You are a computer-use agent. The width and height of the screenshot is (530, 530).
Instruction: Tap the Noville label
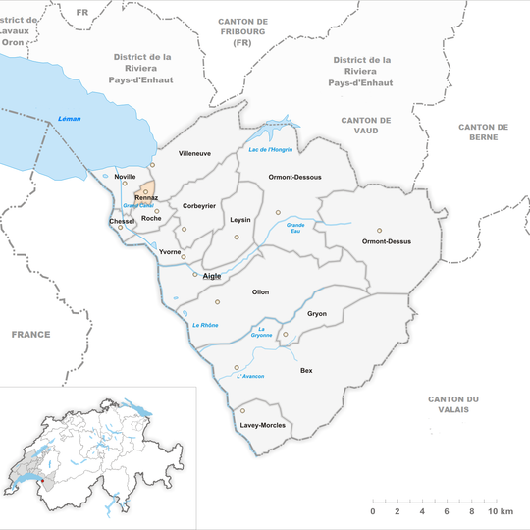pyautogui.click(x=126, y=177)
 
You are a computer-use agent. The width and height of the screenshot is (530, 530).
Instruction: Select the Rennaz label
pyautogui.click(x=146, y=198)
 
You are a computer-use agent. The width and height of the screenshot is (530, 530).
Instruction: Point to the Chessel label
pyautogui.click(x=122, y=222)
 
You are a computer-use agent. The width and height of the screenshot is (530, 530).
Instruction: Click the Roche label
pyautogui.click(x=152, y=218)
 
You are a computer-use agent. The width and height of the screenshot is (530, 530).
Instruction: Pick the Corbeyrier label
pyautogui.click(x=199, y=206)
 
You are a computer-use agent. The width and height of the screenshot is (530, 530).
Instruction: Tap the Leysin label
pyautogui.click(x=240, y=220)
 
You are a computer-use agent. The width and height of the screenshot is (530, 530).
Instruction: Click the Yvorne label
pyautogui.click(x=170, y=252)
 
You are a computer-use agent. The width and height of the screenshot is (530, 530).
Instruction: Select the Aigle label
pyautogui.click(x=212, y=276)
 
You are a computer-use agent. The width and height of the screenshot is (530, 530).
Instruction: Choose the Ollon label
pyautogui.click(x=260, y=292)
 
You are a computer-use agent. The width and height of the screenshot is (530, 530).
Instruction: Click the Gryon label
pyautogui.click(x=317, y=314)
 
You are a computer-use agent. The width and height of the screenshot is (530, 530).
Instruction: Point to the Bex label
pyautogui.click(x=306, y=371)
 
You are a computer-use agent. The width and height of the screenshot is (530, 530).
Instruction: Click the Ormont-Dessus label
pyautogui.click(x=387, y=241)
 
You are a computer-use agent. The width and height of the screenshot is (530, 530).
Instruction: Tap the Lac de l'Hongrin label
pyautogui.click(x=265, y=148)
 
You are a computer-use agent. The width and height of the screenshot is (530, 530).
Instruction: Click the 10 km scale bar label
pyautogui.click(x=500, y=512)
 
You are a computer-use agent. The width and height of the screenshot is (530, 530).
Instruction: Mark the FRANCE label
pyautogui.click(x=30, y=335)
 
